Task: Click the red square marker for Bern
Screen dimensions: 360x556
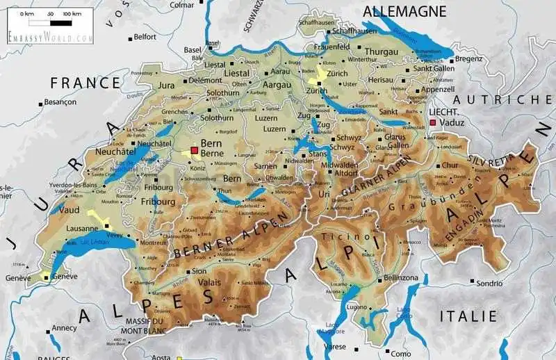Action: pyautogui.click(x=194, y=150)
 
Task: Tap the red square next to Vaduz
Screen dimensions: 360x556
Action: pyautogui.click(x=433, y=122)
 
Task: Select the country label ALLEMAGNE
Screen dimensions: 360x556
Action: pyautogui.click(x=404, y=10)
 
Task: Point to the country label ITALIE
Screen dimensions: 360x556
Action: pyautogui.click(x=469, y=316)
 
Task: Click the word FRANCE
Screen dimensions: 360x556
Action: pyautogui.click(x=84, y=82)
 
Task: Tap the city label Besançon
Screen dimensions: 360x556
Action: pyautogui.click(x=60, y=101)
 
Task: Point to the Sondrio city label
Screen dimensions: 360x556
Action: pyautogui.click(x=489, y=283)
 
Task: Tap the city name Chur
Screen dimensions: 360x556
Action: pyautogui.click(x=450, y=165)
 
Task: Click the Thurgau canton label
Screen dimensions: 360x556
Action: pyautogui.click(x=382, y=51)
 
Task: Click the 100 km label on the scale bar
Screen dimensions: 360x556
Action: pyautogui.click(x=72, y=14)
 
